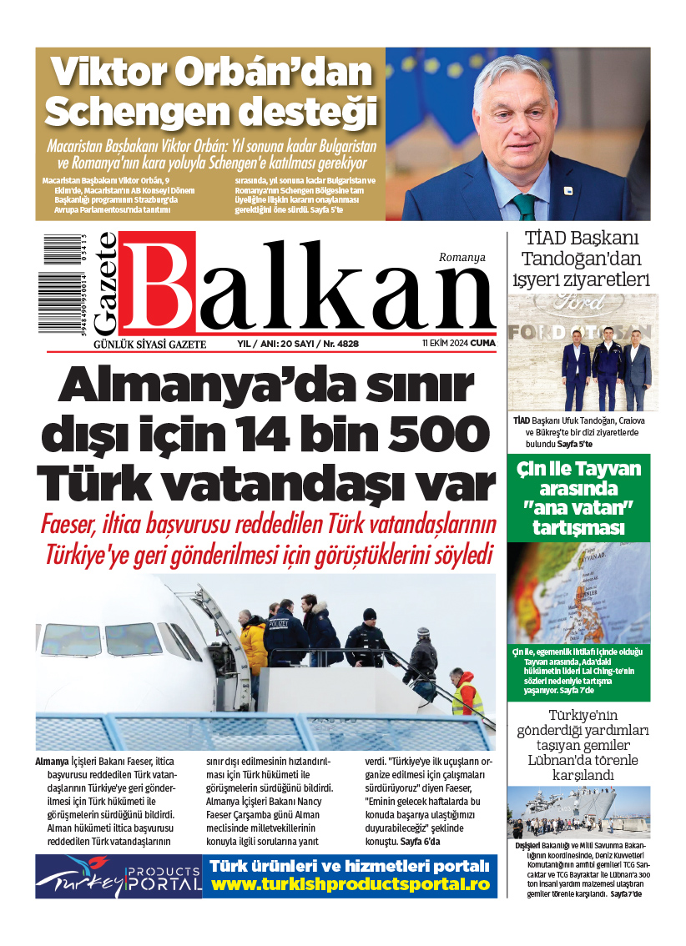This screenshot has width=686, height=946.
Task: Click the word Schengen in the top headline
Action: pos(134,112)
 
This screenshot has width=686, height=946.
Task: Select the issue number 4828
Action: pos(342,344)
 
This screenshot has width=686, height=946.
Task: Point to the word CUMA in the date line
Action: pos(482,344)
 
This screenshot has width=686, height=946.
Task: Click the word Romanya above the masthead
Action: pos(462,258)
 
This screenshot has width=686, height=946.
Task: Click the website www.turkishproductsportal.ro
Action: pos(351,883)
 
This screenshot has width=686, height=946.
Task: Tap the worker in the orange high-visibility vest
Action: pos(467,695)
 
